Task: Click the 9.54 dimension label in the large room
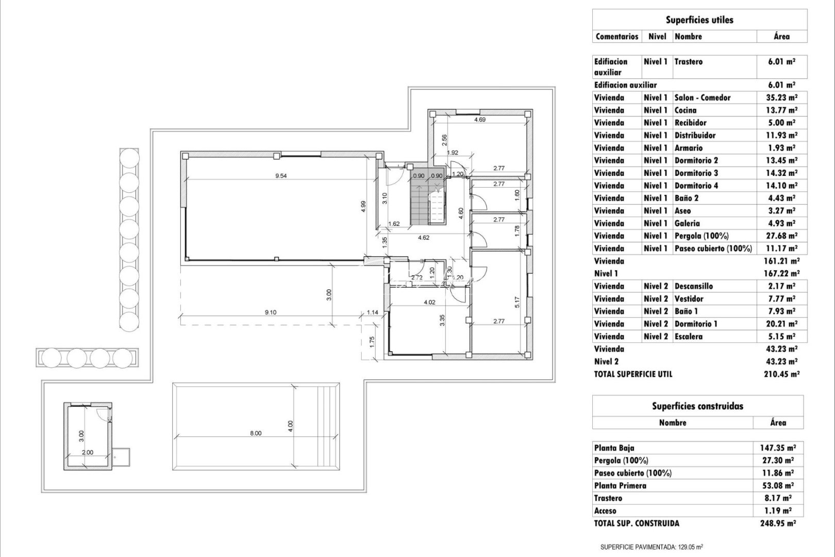(281, 176)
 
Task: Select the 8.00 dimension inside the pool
(256, 433)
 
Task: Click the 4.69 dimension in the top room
(479, 120)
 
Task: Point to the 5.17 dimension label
(517, 302)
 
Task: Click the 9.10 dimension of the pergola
(270, 312)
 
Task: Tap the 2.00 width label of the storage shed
(88, 452)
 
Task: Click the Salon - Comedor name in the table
(702, 97)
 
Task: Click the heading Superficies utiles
(699, 20)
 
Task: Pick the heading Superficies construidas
(697, 406)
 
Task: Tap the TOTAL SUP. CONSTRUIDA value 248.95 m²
(778, 523)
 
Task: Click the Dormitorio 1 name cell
(695, 324)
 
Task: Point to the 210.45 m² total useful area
(781, 374)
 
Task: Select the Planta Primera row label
(620, 485)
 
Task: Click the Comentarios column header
(616, 37)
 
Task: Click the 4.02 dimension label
(429, 302)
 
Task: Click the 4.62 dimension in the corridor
(423, 238)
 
